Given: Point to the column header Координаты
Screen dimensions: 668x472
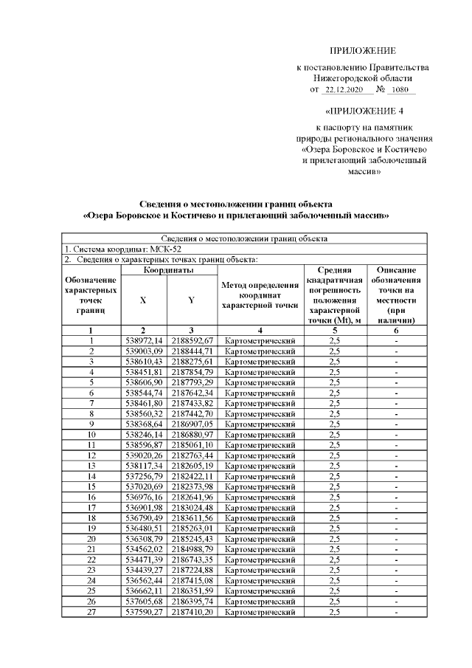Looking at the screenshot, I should pyautogui.click(x=169, y=271).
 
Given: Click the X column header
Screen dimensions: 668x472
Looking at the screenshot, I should pyautogui.click(x=143, y=300).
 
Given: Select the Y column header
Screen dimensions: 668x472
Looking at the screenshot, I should pyautogui.click(x=191, y=300).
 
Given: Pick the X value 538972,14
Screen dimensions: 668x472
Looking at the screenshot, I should pyautogui.click(x=144, y=340).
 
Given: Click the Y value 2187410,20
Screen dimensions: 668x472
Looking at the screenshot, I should pyautogui.click(x=192, y=612).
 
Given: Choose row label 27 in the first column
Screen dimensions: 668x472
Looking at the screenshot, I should pyautogui.click(x=91, y=612).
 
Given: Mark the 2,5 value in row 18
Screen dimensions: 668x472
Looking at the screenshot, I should pyautogui.click(x=333, y=518).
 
